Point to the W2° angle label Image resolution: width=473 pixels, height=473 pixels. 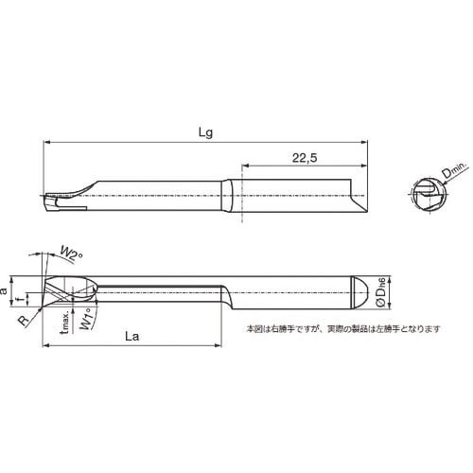point(73,251)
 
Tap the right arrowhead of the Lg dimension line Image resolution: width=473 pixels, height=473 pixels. point(362,142)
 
